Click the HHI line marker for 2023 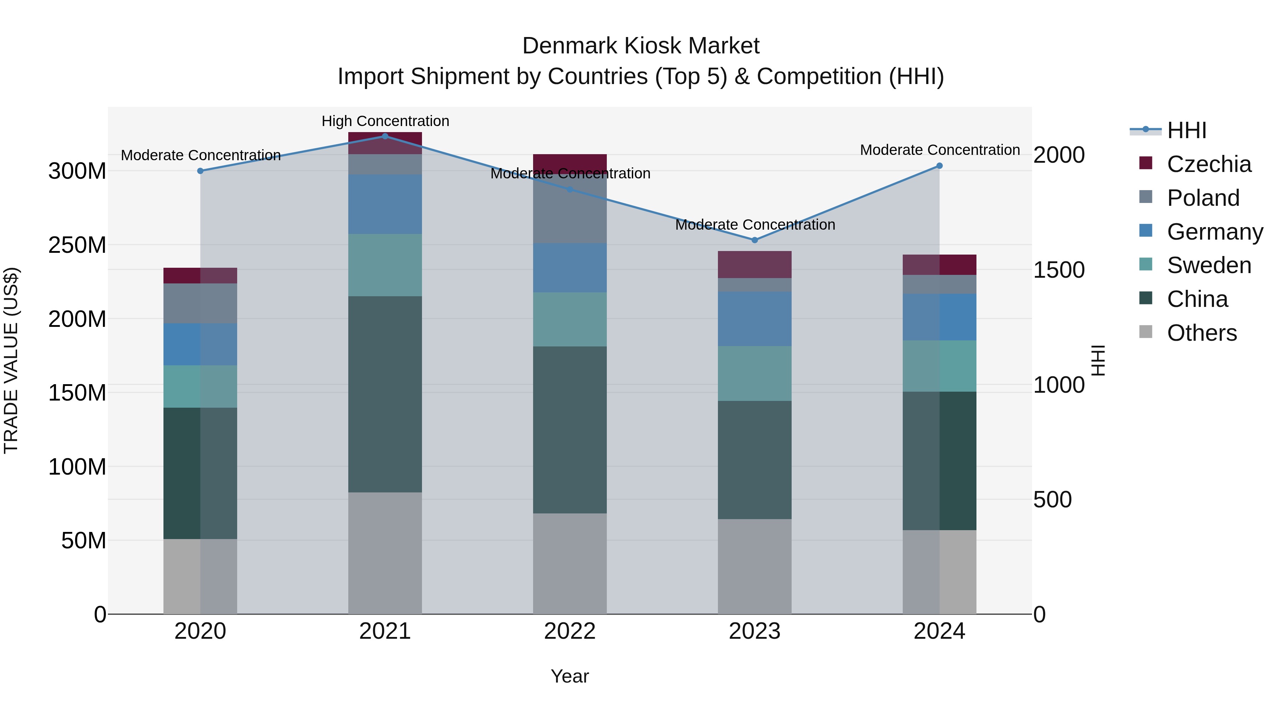click(755, 240)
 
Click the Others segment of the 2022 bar click(570, 563)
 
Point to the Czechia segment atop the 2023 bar click(755, 264)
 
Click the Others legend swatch click(1146, 332)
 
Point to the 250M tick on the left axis click(77, 245)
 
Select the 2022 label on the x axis click(570, 631)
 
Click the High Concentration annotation click(385, 121)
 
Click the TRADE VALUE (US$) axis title click(11, 360)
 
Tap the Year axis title click(570, 676)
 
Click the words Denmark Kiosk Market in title click(641, 46)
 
